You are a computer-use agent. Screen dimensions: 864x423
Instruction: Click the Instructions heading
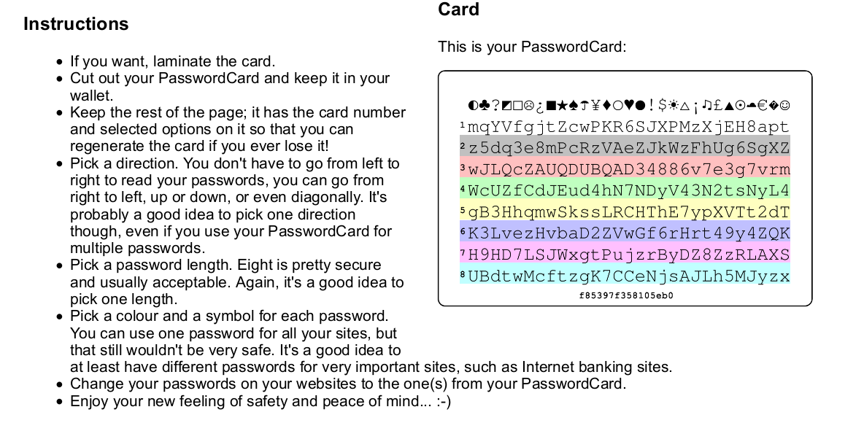[x=76, y=23]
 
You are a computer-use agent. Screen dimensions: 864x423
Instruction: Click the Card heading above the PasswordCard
[x=458, y=9]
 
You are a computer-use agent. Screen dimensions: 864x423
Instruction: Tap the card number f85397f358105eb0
[x=626, y=296]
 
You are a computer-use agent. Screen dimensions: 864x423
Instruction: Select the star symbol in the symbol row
[x=561, y=104]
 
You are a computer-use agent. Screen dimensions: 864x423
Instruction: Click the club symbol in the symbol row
[x=485, y=104]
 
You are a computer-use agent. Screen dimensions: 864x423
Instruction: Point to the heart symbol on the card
[x=628, y=104]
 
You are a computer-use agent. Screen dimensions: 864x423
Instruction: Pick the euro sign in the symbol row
[x=763, y=104]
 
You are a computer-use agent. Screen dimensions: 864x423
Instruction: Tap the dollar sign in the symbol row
[x=663, y=104]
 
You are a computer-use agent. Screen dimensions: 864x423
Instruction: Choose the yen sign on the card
[x=595, y=104]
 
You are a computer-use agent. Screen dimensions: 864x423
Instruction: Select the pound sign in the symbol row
[x=718, y=104]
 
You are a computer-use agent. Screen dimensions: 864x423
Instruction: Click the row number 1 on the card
[x=463, y=125]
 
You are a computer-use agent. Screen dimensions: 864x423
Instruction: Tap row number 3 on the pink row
[x=463, y=168]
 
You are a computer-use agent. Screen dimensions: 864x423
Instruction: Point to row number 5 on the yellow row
[x=463, y=210]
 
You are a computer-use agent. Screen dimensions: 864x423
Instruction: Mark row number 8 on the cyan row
[x=463, y=273]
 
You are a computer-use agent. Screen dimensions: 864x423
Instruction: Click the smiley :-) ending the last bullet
[x=443, y=401]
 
